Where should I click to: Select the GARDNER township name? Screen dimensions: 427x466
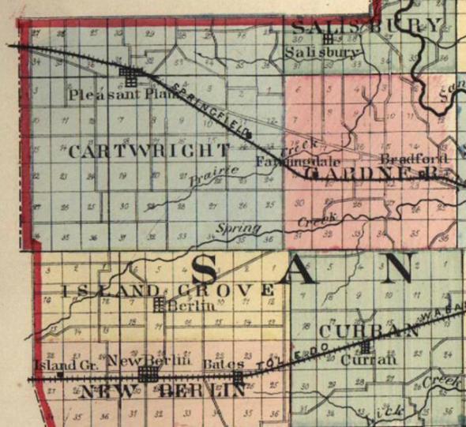click(370, 173)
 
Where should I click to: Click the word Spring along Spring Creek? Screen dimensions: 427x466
click(239, 228)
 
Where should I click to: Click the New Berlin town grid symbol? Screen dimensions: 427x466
click(148, 373)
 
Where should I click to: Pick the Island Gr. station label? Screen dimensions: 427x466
click(65, 365)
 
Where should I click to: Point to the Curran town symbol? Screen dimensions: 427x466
click(365, 346)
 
